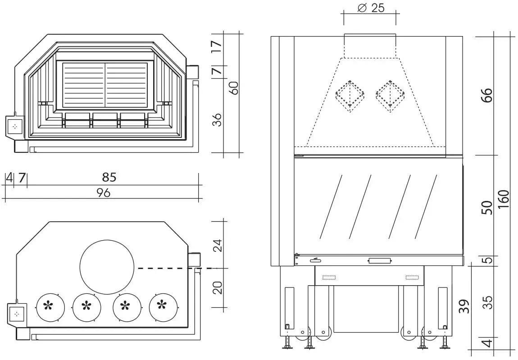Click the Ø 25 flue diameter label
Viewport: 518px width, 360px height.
(371, 8)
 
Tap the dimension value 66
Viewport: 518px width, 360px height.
(487, 95)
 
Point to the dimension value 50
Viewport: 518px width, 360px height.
(487, 207)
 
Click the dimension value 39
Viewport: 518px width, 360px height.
(464, 306)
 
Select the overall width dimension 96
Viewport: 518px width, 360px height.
(104, 193)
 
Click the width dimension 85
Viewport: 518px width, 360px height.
(109, 177)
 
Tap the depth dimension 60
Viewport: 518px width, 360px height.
(234, 87)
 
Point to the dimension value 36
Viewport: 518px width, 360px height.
(218, 120)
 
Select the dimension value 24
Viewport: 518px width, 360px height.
(218, 245)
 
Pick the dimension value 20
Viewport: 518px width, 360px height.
(218, 287)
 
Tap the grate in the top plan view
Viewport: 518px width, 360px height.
(105, 84)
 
